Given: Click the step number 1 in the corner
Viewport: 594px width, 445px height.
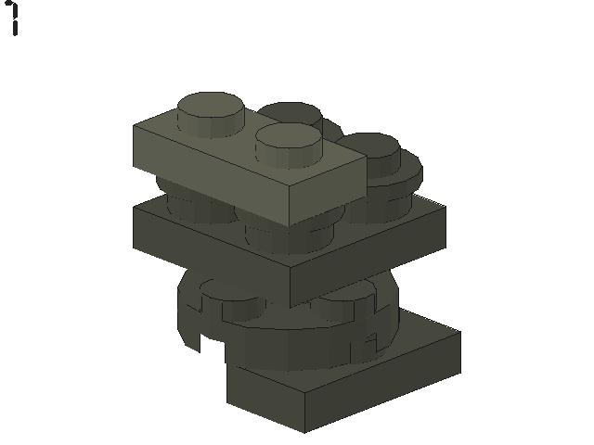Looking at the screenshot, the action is [x=13, y=19].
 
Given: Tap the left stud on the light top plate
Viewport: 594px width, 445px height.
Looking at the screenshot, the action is [x=211, y=113].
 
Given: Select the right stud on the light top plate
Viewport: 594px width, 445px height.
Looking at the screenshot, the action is [x=289, y=145].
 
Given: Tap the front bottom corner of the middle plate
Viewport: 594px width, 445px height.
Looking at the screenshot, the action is [x=291, y=307].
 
